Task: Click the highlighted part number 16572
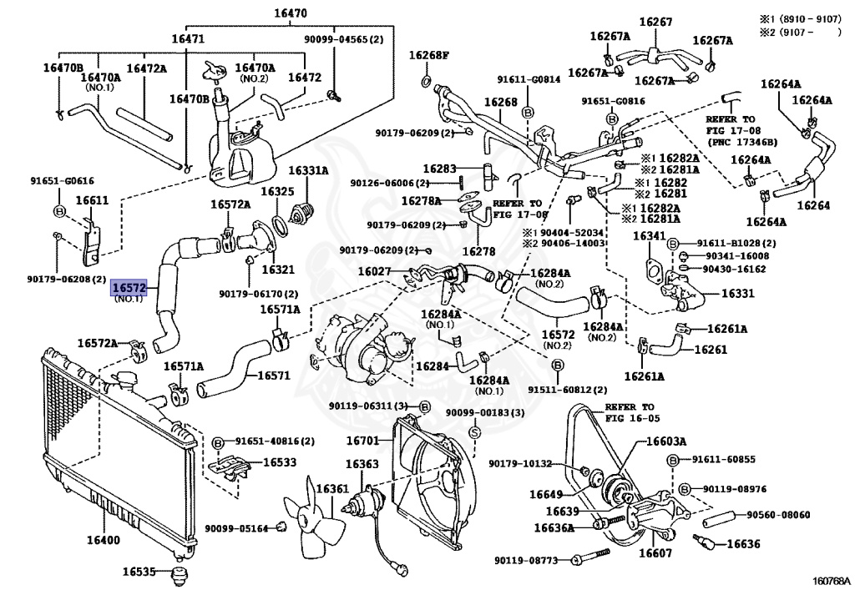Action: pos(129,288)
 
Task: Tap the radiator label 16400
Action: pos(100,541)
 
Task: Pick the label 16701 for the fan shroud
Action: pos(362,439)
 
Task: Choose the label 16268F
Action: pos(428,56)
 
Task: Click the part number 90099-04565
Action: pos(343,39)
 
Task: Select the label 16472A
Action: pos(146,68)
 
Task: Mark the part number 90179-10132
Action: pos(521,464)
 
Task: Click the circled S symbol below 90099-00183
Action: pos(473,433)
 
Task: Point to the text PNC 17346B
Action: pos(744,142)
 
